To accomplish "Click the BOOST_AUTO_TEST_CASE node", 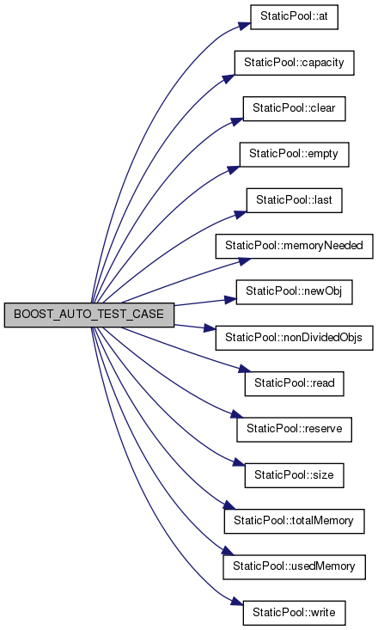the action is coord(89,315).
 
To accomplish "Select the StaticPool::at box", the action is coord(294,17).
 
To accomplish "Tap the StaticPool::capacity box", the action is coord(294,63).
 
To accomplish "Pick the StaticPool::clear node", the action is coord(294,108).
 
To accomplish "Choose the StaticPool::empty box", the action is coord(294,155).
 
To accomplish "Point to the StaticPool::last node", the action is coord(294,200).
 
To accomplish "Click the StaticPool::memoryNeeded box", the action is coord(294,246).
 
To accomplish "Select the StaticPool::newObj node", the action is coord(294,291).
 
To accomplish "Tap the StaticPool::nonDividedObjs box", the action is coord(294,338).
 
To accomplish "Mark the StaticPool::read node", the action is coord(294,383).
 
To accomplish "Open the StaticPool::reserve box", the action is coord(294,429).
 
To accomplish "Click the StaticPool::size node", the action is coord(294,475).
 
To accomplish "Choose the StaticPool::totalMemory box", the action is coord(294,522).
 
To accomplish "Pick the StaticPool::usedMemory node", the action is coord(294,567).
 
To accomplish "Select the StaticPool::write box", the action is coord(294,613).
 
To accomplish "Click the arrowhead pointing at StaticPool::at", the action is coord(243,26).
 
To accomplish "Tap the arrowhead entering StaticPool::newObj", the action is coord(229,300).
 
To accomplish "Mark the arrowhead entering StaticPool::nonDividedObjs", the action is coord(209,328).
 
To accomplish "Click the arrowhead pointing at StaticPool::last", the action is coord(240,215).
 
